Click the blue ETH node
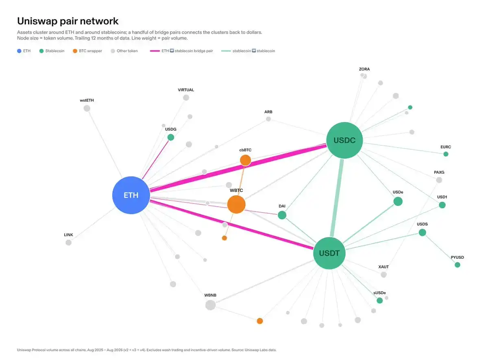[x=131, y=195]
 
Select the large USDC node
[x=344, y=140]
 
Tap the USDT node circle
[x=329, y=253]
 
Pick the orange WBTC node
[x=236, y=204]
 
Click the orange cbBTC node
[x=246, y=160]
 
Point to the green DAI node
[x=282, y=215]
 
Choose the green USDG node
[x=171, y=137]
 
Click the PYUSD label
[x=457, y=257]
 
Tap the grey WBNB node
[x=211, y=305]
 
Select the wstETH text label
[x=87, y=100]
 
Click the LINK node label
[x=68, y=235]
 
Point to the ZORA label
[x=364, y=69]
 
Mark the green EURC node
[x=446, y=154]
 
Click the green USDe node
[x=398, y=201]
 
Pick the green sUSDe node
[x=380, y=301]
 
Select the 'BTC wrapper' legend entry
[x=87, y=51]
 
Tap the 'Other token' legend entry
[x=124, y=51]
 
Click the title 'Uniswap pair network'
[x=68, y=21]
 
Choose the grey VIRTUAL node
[x=186, y=98]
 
